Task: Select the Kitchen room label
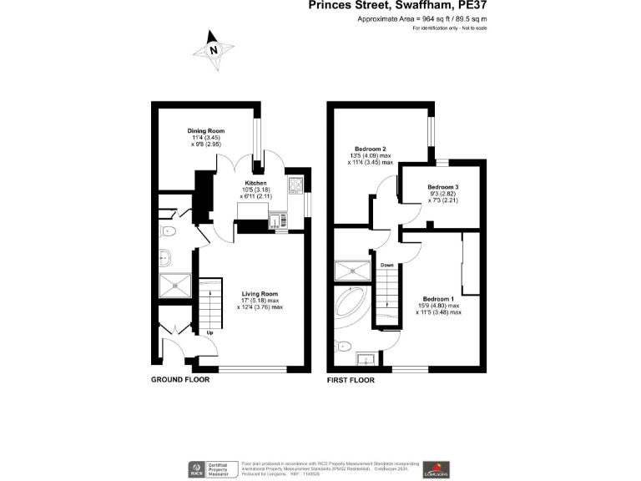tap(255, 183)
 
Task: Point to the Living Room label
tap(260, 294)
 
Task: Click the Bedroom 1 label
tap(438, 299)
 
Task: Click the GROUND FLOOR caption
tap(179, 380)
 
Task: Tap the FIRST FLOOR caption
tap(351, 380)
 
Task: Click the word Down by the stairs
tap(387, 266)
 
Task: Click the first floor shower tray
tap(351, 271)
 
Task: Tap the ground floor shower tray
tap(176, 285)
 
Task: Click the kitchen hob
tap(295, 185)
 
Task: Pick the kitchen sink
tap(275, 220)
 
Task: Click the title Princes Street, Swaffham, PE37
tap(397, 5)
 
